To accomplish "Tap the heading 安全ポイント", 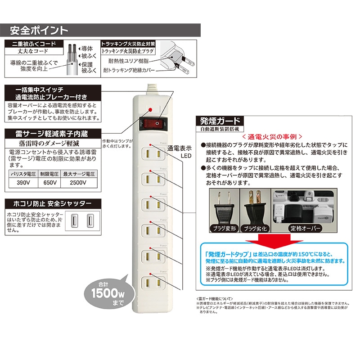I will (x=39, y=31).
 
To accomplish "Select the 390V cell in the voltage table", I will (x=21, y=183).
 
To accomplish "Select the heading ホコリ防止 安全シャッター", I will (x=49, y=203).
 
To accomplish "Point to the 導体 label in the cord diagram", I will (x=87, y=48).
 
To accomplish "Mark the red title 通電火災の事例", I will (x=269, y=135).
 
